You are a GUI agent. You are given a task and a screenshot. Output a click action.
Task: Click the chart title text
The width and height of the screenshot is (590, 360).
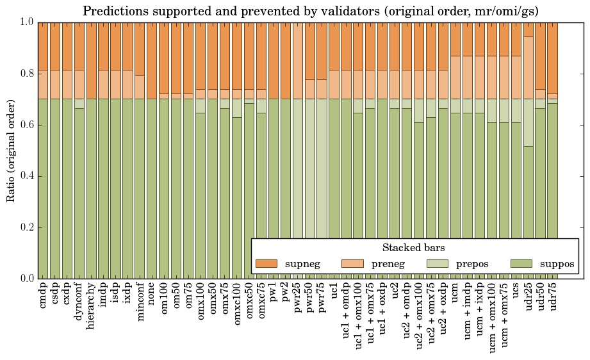pyautogui.click(x=311, y=11)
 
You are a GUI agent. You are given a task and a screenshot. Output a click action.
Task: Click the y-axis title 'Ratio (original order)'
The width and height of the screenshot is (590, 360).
pyautogui.click(x=11, y=150)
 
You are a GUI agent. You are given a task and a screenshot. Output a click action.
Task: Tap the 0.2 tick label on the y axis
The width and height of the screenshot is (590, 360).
pyautogui.click(x=25, y=227)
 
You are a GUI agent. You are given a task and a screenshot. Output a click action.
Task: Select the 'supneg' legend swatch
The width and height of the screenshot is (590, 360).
pyautogui.click(x=266, y=263)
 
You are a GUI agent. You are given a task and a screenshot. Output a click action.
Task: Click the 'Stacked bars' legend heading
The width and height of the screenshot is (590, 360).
pyautogui.click(x=414, y=247)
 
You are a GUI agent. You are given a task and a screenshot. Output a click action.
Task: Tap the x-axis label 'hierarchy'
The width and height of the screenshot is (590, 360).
pyautogui.click(x=92, y=304)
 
